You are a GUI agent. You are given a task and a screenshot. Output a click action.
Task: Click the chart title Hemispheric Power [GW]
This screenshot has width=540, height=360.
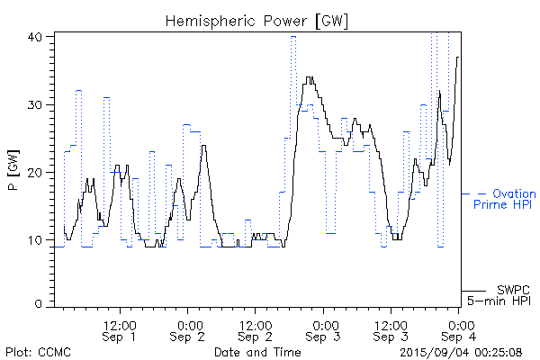pos(257,20)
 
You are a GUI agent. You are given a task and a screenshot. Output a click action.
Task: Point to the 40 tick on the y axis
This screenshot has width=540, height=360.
pos(36,37)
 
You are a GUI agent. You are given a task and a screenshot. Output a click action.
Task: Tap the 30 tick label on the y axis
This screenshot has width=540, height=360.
pos(36,104)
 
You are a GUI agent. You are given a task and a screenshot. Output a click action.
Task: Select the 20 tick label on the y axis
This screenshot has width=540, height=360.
pos(36,172)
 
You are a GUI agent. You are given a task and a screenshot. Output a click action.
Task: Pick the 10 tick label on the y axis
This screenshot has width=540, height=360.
pos(36,239)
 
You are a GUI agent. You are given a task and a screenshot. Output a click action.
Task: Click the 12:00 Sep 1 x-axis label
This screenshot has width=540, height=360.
pos(121,330)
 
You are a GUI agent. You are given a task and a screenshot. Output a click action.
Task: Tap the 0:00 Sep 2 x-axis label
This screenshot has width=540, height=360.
pos(188,330)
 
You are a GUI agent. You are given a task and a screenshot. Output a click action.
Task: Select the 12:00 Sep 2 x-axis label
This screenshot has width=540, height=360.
pos(256,330)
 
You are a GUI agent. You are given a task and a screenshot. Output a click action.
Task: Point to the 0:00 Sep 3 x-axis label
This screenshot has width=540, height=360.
pos(323,330)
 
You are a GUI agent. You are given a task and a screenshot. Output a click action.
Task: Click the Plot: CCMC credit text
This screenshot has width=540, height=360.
pos(38,351)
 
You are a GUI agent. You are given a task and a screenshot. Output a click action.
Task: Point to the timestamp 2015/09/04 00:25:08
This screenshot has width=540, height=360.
pos(461,351)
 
